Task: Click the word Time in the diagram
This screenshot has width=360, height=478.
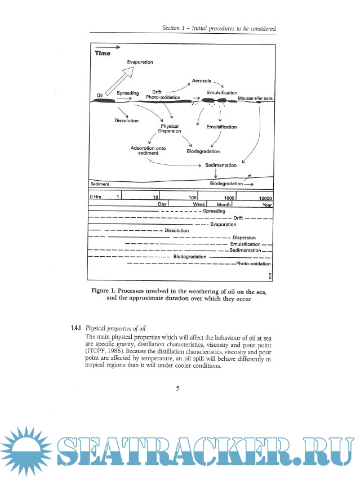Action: tap(103, 54)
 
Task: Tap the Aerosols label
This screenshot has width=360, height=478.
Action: tap(201, 81)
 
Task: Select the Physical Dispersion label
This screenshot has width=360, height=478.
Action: tap(170, 129)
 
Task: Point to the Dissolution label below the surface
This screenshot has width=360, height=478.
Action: tap(123, 120)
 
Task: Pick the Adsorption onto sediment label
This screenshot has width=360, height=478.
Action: tap(148, 150)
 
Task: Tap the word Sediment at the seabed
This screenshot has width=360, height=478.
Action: tap(100, 185)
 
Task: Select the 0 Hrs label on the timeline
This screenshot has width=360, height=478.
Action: tap(95, 197)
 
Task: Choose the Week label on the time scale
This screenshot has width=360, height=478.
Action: tap(199, 204)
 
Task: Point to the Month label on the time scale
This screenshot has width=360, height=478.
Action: tap(224, 204)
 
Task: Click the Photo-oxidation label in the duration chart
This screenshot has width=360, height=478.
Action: tap(254, 263)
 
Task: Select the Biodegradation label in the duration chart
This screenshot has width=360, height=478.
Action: tap(189, 257)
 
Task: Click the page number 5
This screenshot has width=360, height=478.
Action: tap(177, 388)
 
